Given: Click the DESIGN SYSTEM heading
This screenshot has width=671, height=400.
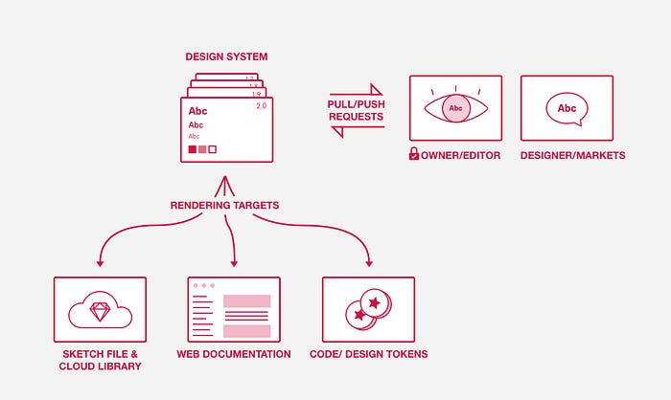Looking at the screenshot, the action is point(226,57).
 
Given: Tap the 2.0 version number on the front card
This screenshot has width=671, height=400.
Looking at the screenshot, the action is point(262,106).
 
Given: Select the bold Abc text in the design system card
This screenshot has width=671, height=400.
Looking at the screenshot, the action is point(197,111).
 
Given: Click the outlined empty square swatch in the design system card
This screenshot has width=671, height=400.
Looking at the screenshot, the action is point(213,149).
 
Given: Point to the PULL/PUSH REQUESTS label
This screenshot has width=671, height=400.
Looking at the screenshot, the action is point(356,110).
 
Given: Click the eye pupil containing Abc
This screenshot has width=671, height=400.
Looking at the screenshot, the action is point(456,108).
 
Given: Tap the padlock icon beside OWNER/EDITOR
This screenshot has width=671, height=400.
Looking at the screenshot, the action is point(414,154).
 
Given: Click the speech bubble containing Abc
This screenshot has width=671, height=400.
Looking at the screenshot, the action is point(567,109).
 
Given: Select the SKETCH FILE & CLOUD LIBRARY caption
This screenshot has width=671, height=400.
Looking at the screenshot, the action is point(100,360).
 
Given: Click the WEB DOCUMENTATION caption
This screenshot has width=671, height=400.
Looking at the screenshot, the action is point(234,354).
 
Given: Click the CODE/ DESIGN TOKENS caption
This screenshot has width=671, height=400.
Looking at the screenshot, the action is point(368,354).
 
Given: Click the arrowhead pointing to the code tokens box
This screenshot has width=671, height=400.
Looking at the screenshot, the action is point(368,263).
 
